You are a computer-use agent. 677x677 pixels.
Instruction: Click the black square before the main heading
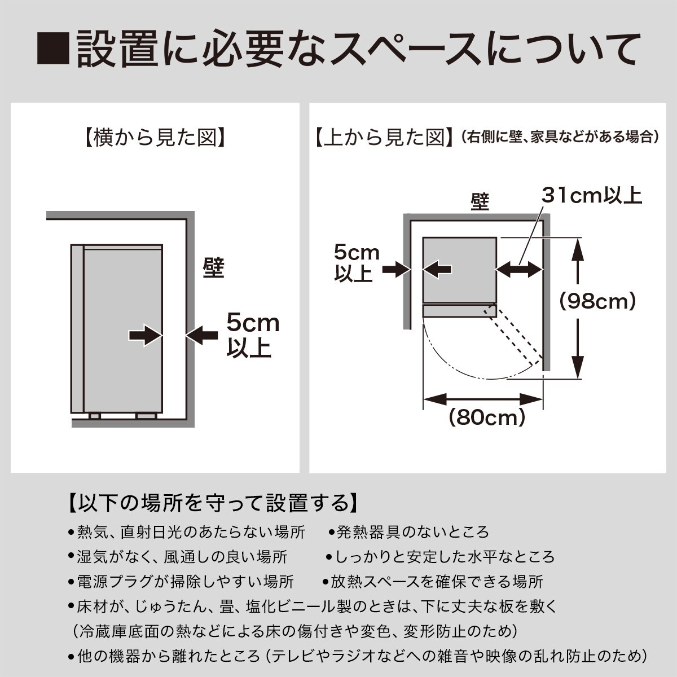coord(52,49)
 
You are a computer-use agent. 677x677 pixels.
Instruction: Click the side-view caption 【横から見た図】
coord(155,138)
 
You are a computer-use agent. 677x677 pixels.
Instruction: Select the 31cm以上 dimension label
coord(592,196)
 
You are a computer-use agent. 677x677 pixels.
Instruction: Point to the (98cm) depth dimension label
coord(597,301)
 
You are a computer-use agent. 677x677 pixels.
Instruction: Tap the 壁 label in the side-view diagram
coord(213,268)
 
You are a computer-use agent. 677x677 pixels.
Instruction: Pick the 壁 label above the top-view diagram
coord(480,202)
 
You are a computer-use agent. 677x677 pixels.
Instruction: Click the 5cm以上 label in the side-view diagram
coord(253,335)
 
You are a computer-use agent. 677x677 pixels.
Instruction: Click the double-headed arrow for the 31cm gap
coord(520,270)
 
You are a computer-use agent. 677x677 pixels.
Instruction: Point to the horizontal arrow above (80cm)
coord(483,399)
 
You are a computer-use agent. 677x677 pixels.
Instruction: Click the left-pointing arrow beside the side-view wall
coord(201,335)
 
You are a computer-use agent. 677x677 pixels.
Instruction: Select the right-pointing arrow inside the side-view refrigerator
coord(145,335)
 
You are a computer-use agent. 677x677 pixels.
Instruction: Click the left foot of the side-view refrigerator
coord(95,416)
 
